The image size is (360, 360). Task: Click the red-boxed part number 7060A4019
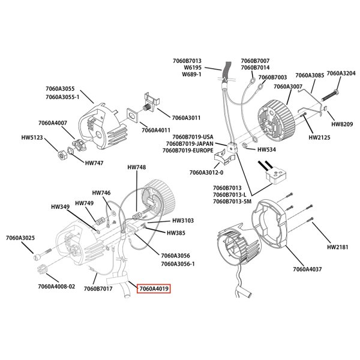click(154, 289)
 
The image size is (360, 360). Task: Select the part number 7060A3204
click(340, 73)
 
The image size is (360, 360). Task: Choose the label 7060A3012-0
click(206, 172)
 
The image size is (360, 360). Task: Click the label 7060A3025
click(20, 238)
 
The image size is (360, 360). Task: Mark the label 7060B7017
click(98, 289)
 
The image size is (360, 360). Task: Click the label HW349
click(61, 206)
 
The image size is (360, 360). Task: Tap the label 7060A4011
click(156, 130)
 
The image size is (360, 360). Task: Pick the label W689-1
click(192, 74)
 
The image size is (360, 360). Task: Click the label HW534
click(266, 149)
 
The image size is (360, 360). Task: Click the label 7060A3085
click(308, 75)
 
